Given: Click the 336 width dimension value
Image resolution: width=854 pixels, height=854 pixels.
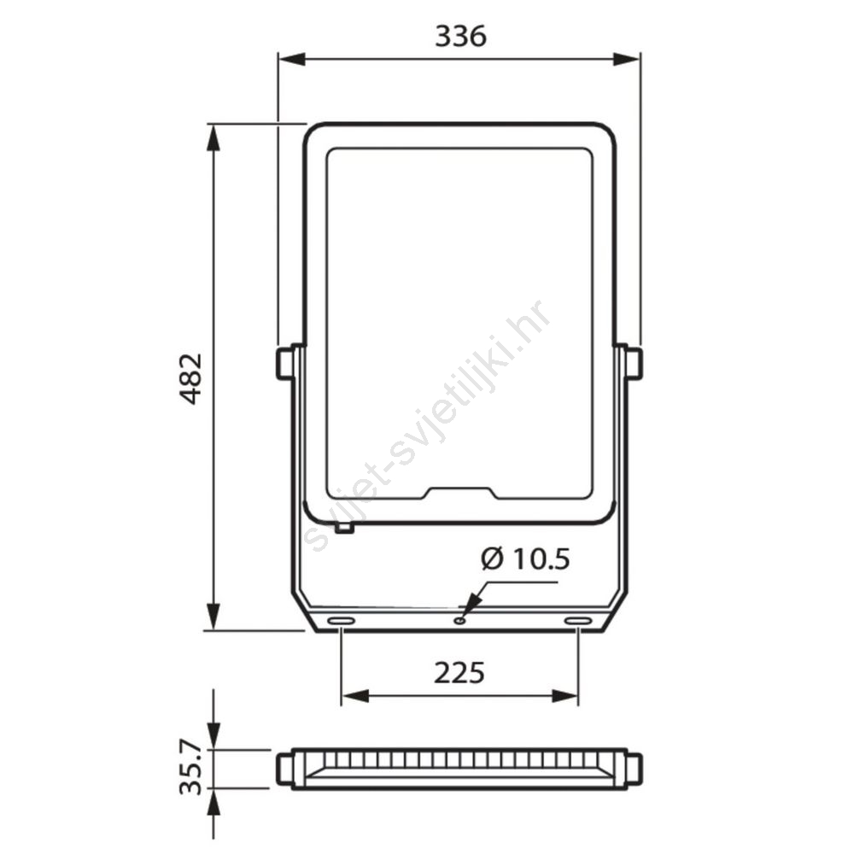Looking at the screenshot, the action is [x=460, y=37].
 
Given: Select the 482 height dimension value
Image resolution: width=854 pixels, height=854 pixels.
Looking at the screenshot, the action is [x=191, y=378].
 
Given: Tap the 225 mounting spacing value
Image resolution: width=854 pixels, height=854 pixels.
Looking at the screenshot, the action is [x=459, y=673].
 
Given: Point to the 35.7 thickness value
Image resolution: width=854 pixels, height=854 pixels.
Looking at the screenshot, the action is [x=191, y=770].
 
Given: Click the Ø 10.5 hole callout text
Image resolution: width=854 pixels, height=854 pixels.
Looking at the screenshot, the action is [x=525, y=559].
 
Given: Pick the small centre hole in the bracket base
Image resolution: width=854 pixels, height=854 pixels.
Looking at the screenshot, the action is [x=461, y=620].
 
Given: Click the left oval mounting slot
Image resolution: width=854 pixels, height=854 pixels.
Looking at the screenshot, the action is [x=341, y=621].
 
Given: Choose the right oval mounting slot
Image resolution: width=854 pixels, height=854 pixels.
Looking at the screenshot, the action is [x=578, y=621].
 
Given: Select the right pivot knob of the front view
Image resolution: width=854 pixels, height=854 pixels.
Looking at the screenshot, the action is [x=634, y=363].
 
